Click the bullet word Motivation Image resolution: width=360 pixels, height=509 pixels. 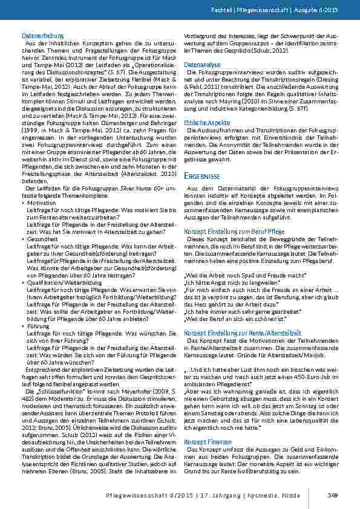(39, 204)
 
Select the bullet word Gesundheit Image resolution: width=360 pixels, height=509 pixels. (41, 239)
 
